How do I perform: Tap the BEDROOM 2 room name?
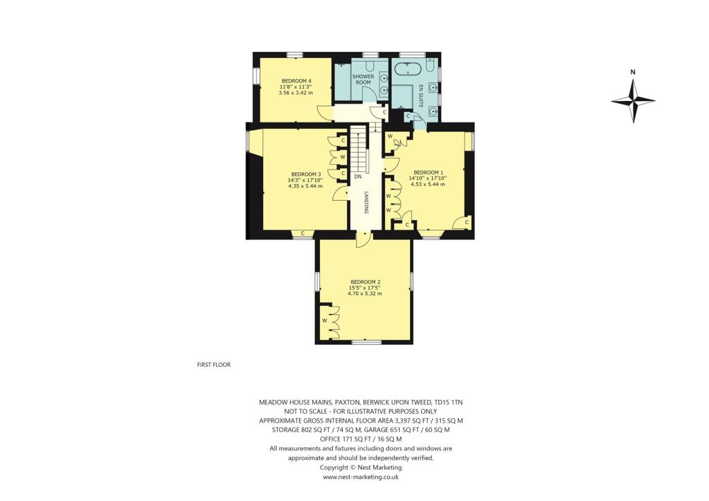(x=365, y=282)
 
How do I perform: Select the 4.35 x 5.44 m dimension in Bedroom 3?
(x=305, y=185)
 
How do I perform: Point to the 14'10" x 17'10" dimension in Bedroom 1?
(x=427, y=178)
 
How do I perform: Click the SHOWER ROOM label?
(x=364, y=79)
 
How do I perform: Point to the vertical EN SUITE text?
(x=420, y=95)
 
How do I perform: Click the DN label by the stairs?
(x=358, y=176)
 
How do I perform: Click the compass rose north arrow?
(x=633, y=101)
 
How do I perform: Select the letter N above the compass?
(x=633, y=71)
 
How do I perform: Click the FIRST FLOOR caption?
(x=213, y=364)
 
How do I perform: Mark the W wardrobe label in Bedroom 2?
(x=324, y=321)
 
